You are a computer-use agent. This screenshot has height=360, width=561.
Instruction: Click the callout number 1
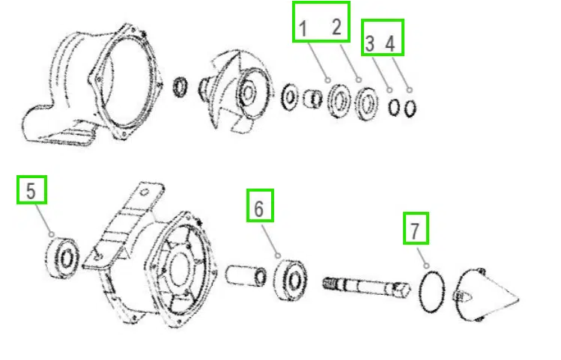pyautogui.click(x=303, y=29)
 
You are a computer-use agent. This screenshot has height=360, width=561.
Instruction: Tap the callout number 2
pyautogui.click(x=336, y=28)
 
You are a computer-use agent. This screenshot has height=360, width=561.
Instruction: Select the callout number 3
pyautogui.click(x=369, y=43)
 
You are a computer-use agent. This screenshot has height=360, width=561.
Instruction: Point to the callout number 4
pyautogui.click(x=390, y=43)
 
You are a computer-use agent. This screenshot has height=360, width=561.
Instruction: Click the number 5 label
pyautogui.click(x=31, y=192)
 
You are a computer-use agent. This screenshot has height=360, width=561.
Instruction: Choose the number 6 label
pyautogui.click(x=259, y=208)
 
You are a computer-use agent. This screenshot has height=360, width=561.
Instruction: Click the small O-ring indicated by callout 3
pyautogui.click(x=394, y=107)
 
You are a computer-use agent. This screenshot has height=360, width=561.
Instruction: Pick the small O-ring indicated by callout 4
pyautogui.click(x=410, y=109)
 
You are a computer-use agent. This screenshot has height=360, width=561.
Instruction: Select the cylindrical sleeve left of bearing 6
pyautogui.click(x=246, y=274)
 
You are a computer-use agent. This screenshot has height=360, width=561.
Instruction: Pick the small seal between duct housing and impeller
pyautogui.click(x=181, y=87)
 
